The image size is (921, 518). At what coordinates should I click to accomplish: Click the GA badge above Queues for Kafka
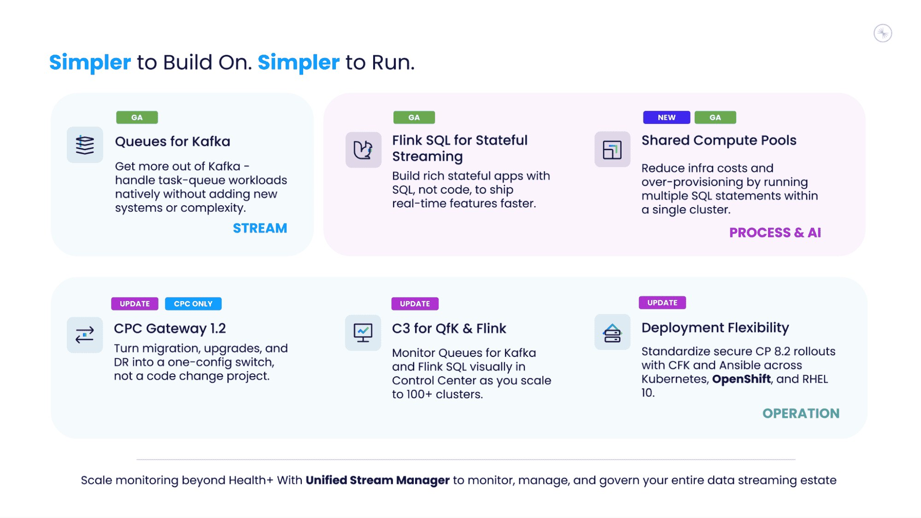[x=137, y=117]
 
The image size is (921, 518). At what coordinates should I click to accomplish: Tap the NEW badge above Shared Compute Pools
[x=666, y=117]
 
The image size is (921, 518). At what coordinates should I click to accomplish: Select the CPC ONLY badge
[x=193, y=304]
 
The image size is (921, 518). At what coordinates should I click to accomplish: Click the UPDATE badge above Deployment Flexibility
[x=662, y=303]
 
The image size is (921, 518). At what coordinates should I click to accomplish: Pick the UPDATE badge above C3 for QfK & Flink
[x=415, y=304]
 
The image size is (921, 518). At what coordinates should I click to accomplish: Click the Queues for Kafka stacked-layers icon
[x=85, y=145]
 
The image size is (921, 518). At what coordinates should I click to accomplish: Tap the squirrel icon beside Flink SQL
[x=363, y=150]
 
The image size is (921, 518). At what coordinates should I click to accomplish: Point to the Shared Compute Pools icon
[x=612, y=150]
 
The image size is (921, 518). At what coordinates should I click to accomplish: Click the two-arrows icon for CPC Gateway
[x=85, y=335]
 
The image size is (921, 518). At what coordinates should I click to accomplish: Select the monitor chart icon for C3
[x=363, y=332]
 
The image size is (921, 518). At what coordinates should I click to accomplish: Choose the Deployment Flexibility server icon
[x=612, y=332]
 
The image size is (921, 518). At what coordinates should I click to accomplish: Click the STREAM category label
[x=260, y=228]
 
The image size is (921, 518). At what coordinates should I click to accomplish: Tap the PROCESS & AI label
[x=775, y=233]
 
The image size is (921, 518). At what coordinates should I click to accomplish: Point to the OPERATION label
[x=801, y=413]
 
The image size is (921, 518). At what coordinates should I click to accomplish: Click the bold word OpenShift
[x=741, y=379]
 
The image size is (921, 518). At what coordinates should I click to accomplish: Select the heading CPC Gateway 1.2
[x=170, y=328]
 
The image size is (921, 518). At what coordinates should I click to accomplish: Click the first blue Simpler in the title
[x=90, y=62]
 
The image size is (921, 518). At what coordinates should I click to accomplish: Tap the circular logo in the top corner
[x=883, y=33]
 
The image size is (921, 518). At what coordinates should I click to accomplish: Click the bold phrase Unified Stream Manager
[x=377, y=480]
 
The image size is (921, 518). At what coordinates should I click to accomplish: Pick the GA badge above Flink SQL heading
[x=414, y=117]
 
